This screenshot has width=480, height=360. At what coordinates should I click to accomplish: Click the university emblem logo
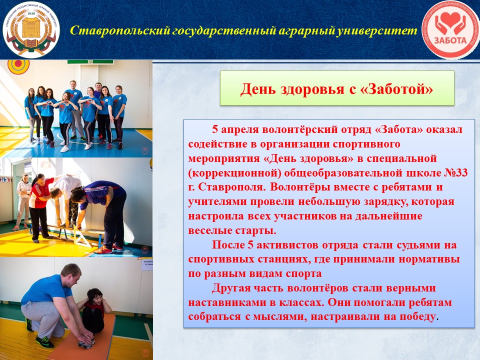click(x=30, y=29)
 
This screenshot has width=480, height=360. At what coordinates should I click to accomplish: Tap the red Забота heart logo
click(x=450, y=29)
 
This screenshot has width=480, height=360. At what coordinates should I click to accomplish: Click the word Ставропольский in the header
click(x=120, y=30)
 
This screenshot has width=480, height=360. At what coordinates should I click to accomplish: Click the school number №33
click(x=456, y=172)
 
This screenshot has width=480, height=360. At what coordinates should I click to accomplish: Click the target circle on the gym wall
click(x=18, y=65)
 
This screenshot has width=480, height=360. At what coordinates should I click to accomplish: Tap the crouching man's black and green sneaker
click(x=44, y=341)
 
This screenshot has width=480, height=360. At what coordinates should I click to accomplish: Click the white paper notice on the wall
click(x=147, y=264)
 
